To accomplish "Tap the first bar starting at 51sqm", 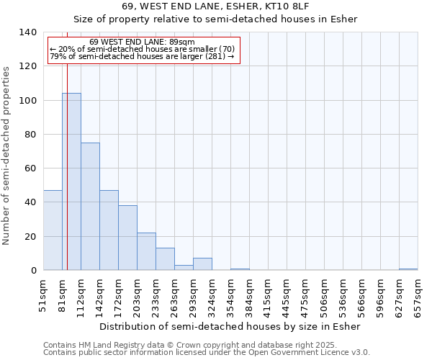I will tap(53, 230).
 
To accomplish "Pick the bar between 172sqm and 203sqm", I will tap(127, 238).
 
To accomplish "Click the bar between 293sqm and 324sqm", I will tap(202, 264).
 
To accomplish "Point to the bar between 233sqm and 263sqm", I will tap(165, 259).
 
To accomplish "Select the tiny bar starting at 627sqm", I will tap(408, 269).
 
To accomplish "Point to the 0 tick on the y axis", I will tap(33, 271).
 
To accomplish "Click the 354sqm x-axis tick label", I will tap(230, 295).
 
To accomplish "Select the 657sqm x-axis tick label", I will tap(418, 295).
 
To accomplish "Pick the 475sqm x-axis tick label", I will tap(305, 295).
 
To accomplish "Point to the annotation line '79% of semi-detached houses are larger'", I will tap(142, 56).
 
